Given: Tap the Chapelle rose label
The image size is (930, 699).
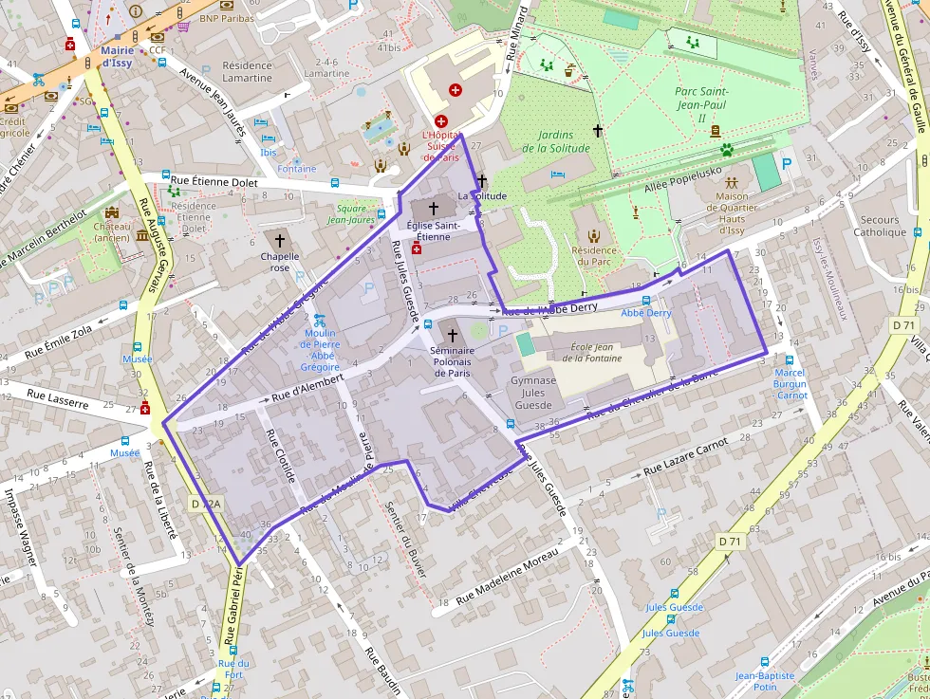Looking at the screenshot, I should coord(280,262).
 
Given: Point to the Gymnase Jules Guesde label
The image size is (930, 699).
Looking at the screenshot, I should coord(532,393).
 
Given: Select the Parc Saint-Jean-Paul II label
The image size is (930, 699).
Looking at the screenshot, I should coord(702,104).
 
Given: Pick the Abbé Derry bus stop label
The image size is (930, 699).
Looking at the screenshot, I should coord(646,313).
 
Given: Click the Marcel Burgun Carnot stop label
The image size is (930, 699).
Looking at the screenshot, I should coord(790,383).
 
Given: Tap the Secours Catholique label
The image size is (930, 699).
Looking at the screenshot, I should coord(880,226).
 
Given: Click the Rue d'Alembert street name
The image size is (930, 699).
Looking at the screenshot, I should coord(307,388).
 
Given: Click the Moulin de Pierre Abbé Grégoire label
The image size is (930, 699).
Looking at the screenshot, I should coord(321,349).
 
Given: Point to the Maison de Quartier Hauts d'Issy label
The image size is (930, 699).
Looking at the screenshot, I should coord(732,213).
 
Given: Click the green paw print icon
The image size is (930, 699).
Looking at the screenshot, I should coord(727,149).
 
